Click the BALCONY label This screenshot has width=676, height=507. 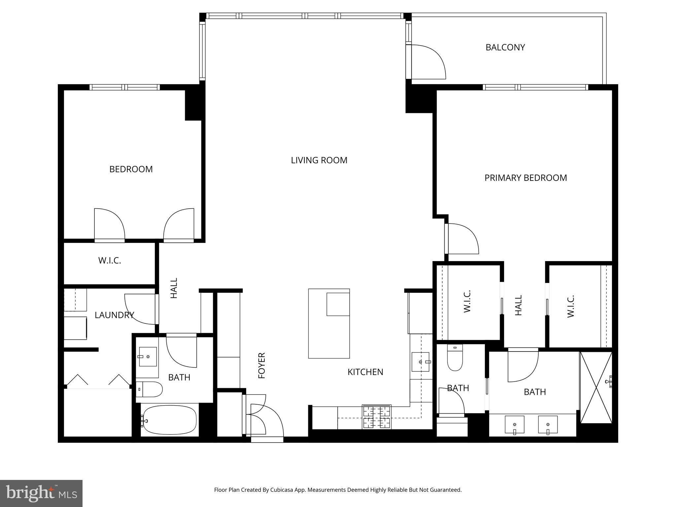pos(505,48)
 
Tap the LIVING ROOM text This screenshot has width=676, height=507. pos(319,160)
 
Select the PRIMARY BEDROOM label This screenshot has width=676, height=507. pos(525,178)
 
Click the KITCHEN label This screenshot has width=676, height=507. pos(365,372)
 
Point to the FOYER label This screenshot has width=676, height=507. pos(262,365)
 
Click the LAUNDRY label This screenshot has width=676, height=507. pos(114,315)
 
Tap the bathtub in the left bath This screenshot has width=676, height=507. pos(170,420)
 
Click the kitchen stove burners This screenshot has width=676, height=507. pos(377,417)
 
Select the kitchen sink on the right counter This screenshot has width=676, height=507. pos(421,362)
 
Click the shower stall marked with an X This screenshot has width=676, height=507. pos(596,388)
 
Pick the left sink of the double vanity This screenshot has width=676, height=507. pos(514,424)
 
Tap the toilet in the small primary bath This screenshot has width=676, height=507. pos(455,358)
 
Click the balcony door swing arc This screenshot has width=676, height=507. pos(429,62)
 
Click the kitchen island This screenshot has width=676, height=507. pos(329,323)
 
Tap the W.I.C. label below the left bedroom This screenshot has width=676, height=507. pos(110,260)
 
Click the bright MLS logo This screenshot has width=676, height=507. pos(41,493)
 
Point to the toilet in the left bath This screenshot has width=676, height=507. pos(150,389)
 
